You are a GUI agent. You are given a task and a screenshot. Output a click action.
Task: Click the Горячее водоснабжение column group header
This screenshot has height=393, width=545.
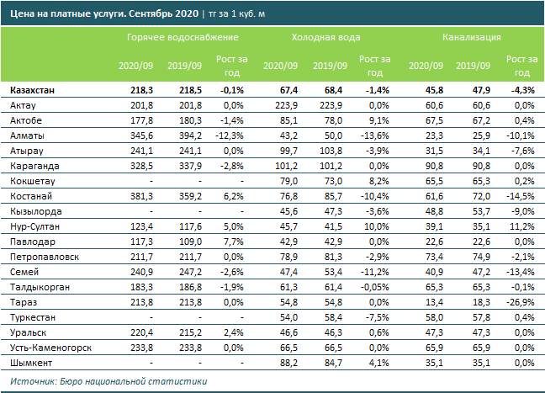click(183, 38)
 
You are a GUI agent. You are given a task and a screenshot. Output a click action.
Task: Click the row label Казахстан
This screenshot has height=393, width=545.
click(34, 90)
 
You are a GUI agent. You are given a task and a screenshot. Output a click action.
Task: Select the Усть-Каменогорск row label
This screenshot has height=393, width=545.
click(48, 348)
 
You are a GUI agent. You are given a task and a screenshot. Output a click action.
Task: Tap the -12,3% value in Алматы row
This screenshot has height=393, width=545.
click(230, 135)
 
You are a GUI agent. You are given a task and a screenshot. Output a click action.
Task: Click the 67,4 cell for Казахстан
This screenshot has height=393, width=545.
click(286, 90)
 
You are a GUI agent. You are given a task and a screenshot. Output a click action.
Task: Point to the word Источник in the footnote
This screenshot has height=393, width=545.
click(28, 381)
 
